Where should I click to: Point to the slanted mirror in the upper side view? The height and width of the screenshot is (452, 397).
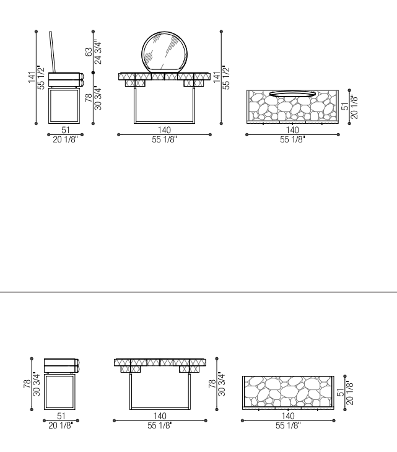[53, 52]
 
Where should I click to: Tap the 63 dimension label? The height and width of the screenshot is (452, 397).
[89, 52]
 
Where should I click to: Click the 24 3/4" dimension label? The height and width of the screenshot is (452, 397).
[98, 52]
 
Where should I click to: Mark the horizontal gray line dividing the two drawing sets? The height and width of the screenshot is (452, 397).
[198, 292]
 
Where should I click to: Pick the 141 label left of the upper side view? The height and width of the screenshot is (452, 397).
[32, 77]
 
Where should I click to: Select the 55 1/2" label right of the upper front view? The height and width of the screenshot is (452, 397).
[226, 77]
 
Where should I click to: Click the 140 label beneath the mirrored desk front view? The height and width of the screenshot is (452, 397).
[164, 130]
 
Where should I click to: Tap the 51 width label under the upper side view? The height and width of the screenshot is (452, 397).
[66, 130]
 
